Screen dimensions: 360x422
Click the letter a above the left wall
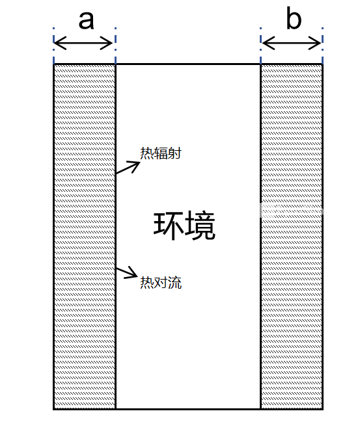(x=86, y=20)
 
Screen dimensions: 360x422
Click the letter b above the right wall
(x=294, y=18)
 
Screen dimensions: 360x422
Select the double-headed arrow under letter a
(x=83, y=43)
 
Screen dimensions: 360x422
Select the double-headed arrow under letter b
(x=292, y=43)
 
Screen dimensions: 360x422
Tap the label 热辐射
(x=161, y=153)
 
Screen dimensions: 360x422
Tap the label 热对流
(x=161, y=283)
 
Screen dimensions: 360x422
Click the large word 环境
(x=185, y=226)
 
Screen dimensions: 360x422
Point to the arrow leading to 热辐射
(x=128, y=167)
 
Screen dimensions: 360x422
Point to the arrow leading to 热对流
(x=127, y=272)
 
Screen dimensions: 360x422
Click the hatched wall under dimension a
(x=85, y=237)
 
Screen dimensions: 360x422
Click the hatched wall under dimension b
(x=292, y=237)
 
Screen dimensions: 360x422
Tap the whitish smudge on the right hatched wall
(x=291, y=210)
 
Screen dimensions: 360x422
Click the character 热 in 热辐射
(x=147, y=153)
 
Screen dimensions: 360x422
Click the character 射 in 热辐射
(x=174, y=153)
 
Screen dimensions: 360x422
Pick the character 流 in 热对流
(x=175, y=283)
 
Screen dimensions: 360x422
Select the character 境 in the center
(x=201, y=226)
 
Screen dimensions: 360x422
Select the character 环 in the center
(x=169, y=226)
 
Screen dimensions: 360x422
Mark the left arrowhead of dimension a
(x=60, y=43)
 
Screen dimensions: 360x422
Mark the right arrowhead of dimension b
(x=315, y=43)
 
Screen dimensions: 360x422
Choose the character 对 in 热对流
(x=161, y=283)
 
